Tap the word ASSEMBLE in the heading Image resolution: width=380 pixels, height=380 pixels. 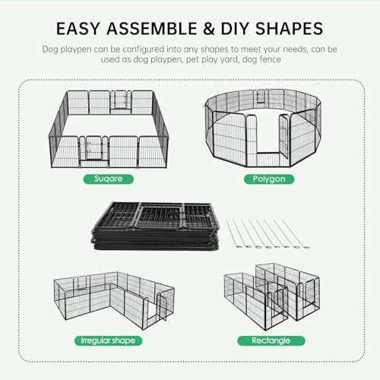pos(153,29)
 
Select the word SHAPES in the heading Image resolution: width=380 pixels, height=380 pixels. pos(286,29)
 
